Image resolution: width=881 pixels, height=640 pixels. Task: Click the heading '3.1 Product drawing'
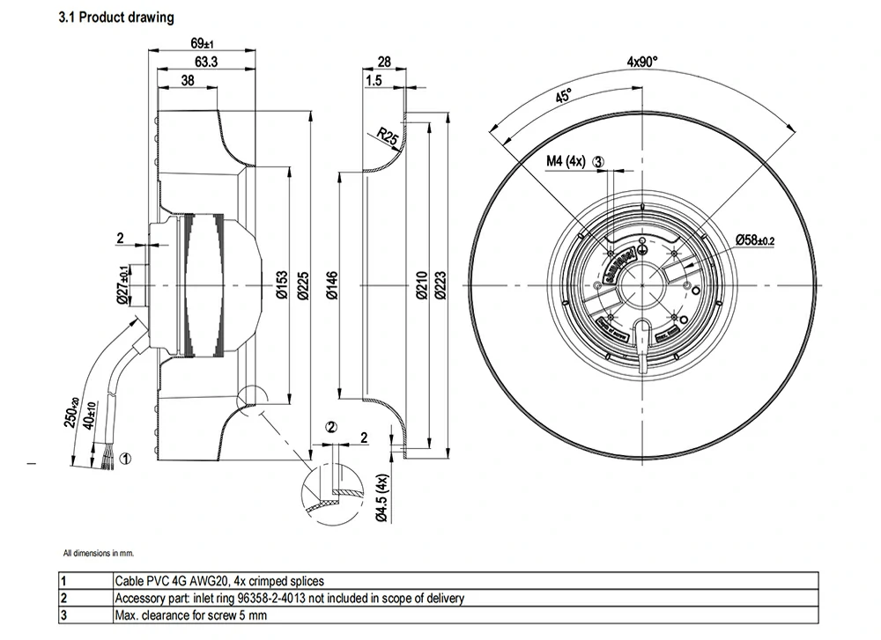tap(116, 18)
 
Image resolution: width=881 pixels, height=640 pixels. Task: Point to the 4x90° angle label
tap(642, 62)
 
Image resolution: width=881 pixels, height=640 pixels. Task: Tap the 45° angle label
tap(563, 96)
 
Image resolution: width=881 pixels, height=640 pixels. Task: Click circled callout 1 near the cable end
tap(126, 459)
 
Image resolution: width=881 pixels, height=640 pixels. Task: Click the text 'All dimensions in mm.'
tap(98, 554)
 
